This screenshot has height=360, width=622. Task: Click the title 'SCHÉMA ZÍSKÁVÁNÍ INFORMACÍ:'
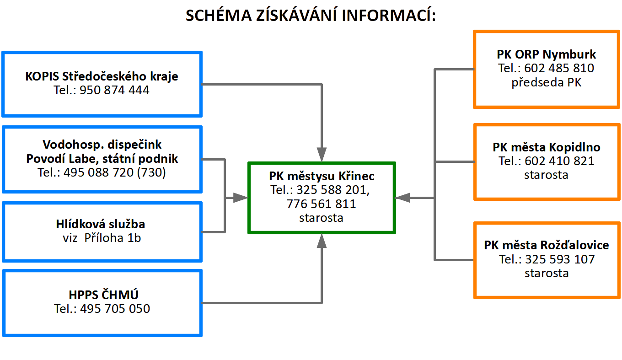311,15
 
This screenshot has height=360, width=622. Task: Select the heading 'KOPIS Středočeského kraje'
102,76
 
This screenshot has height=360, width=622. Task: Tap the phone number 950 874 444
114,90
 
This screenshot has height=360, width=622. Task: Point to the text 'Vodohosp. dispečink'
102,145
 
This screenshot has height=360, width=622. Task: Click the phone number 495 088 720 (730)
115,172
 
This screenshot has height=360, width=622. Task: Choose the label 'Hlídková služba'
101,224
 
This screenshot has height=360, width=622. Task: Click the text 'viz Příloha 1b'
102,238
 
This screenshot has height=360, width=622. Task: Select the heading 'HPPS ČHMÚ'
103,295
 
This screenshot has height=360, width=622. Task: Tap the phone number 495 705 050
115,309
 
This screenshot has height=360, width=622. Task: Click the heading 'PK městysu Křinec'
322,176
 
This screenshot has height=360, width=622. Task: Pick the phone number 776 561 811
321,204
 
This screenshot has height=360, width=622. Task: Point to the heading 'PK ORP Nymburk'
546,54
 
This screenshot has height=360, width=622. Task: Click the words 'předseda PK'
546,82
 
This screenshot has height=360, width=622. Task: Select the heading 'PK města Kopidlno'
547,147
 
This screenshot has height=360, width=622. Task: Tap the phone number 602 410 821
559,161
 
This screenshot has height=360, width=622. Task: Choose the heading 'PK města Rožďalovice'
547,245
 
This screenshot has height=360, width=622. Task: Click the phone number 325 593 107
560,259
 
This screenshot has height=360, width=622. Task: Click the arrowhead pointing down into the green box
322,155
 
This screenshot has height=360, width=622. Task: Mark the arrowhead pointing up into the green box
322,241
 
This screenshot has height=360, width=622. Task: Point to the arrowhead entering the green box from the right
402,198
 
